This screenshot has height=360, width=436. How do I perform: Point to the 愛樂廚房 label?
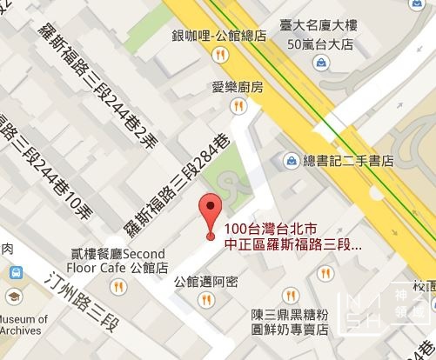tap(238, 87)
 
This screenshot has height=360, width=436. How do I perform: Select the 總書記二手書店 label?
tap(348, 161)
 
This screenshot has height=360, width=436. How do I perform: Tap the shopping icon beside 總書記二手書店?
tap(290, 161)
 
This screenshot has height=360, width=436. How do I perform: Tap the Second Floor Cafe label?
tap(119, 262)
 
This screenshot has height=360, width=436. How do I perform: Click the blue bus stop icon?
tap(15, 273)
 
